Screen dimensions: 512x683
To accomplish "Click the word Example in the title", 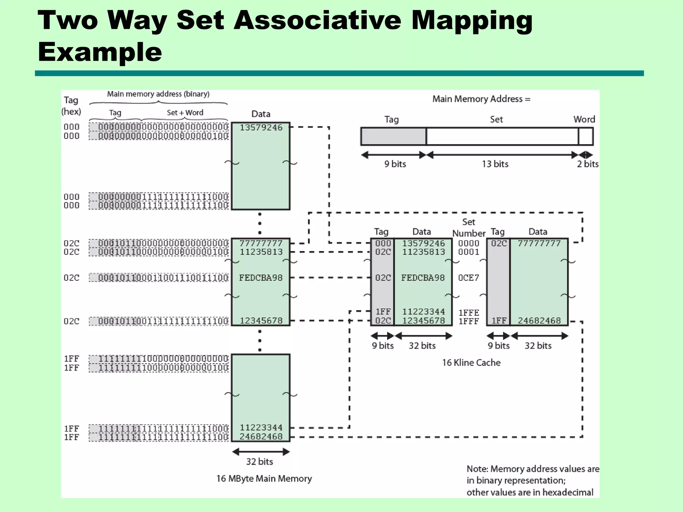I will tap(100, 52).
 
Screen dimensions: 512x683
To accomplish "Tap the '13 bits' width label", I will tap(495, 164).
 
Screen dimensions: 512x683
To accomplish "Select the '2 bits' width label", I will tap(588, 164).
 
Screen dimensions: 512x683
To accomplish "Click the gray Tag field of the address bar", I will tap(394, 137).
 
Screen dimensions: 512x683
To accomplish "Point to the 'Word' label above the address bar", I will tap(584, 119).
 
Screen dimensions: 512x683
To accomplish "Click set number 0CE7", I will tap(469, 278).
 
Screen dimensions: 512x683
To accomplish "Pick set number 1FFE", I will tap(469, 313).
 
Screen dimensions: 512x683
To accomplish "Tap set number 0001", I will tap(469, 252).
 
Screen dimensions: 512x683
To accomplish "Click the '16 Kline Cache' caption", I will tap(471, 363).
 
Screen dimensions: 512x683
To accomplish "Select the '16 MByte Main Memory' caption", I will tap(264, 479).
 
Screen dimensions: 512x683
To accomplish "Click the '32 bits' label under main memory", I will tap(259, 462).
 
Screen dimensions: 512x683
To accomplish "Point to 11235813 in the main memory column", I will tap(261, 252).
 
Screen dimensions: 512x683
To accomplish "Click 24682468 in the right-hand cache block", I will tap(539, 321).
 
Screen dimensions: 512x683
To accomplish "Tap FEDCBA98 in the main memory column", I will tap(261, 278).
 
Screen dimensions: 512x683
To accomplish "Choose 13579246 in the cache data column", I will tap(423, 243).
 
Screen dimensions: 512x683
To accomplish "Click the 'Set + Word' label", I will tap(185, 113).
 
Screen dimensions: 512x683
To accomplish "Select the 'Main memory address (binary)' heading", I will tap(158, 94).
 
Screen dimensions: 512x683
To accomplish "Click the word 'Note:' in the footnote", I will tap(477, 469).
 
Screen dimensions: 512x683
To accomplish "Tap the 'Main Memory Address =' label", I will tap(481, 99).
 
